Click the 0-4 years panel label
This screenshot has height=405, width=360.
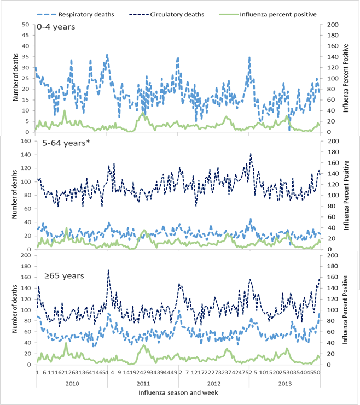[x=56, y=26]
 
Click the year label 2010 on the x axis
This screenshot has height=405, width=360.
[x=73, y=383]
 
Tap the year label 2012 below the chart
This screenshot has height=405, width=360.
[x=213, y=383]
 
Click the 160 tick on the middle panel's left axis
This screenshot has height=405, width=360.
[x=25, y=140]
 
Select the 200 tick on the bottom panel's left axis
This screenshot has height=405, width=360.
[x=25, y=255]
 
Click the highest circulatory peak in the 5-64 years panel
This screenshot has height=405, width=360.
[x=251, y=154]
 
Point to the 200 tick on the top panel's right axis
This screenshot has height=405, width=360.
[x=332, y=25]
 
